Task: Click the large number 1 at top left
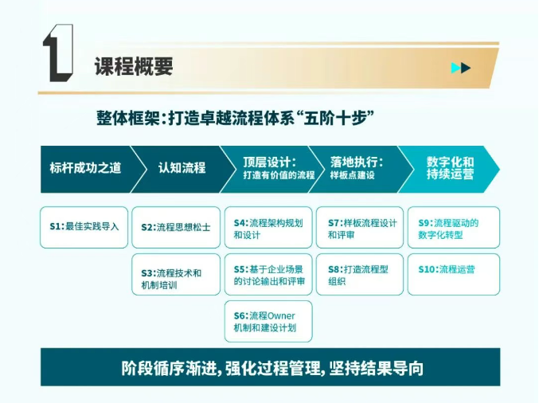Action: tap(58, 53)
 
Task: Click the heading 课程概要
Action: tap(134, 66)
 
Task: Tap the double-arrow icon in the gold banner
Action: tap(461, 68)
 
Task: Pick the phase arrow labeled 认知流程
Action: tap(179, 169)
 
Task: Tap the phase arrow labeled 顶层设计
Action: tap(270, 169)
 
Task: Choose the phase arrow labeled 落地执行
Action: tap(359, 169)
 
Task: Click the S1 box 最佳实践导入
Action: tap(84, 227)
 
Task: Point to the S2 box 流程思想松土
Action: tap(176, 227)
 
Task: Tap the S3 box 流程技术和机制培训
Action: tap(176, 275)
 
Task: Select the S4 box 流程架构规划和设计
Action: tap(268, 227)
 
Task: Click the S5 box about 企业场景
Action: tap(268, 275)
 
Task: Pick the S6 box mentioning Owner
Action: tap(268, 321)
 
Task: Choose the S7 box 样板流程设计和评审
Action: tap(360, 227)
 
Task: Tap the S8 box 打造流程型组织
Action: tap(360, 275)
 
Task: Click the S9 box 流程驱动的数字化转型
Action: tap(454, 227)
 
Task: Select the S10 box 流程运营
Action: tap(454, 275)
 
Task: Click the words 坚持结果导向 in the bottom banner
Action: tap(376, 368)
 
